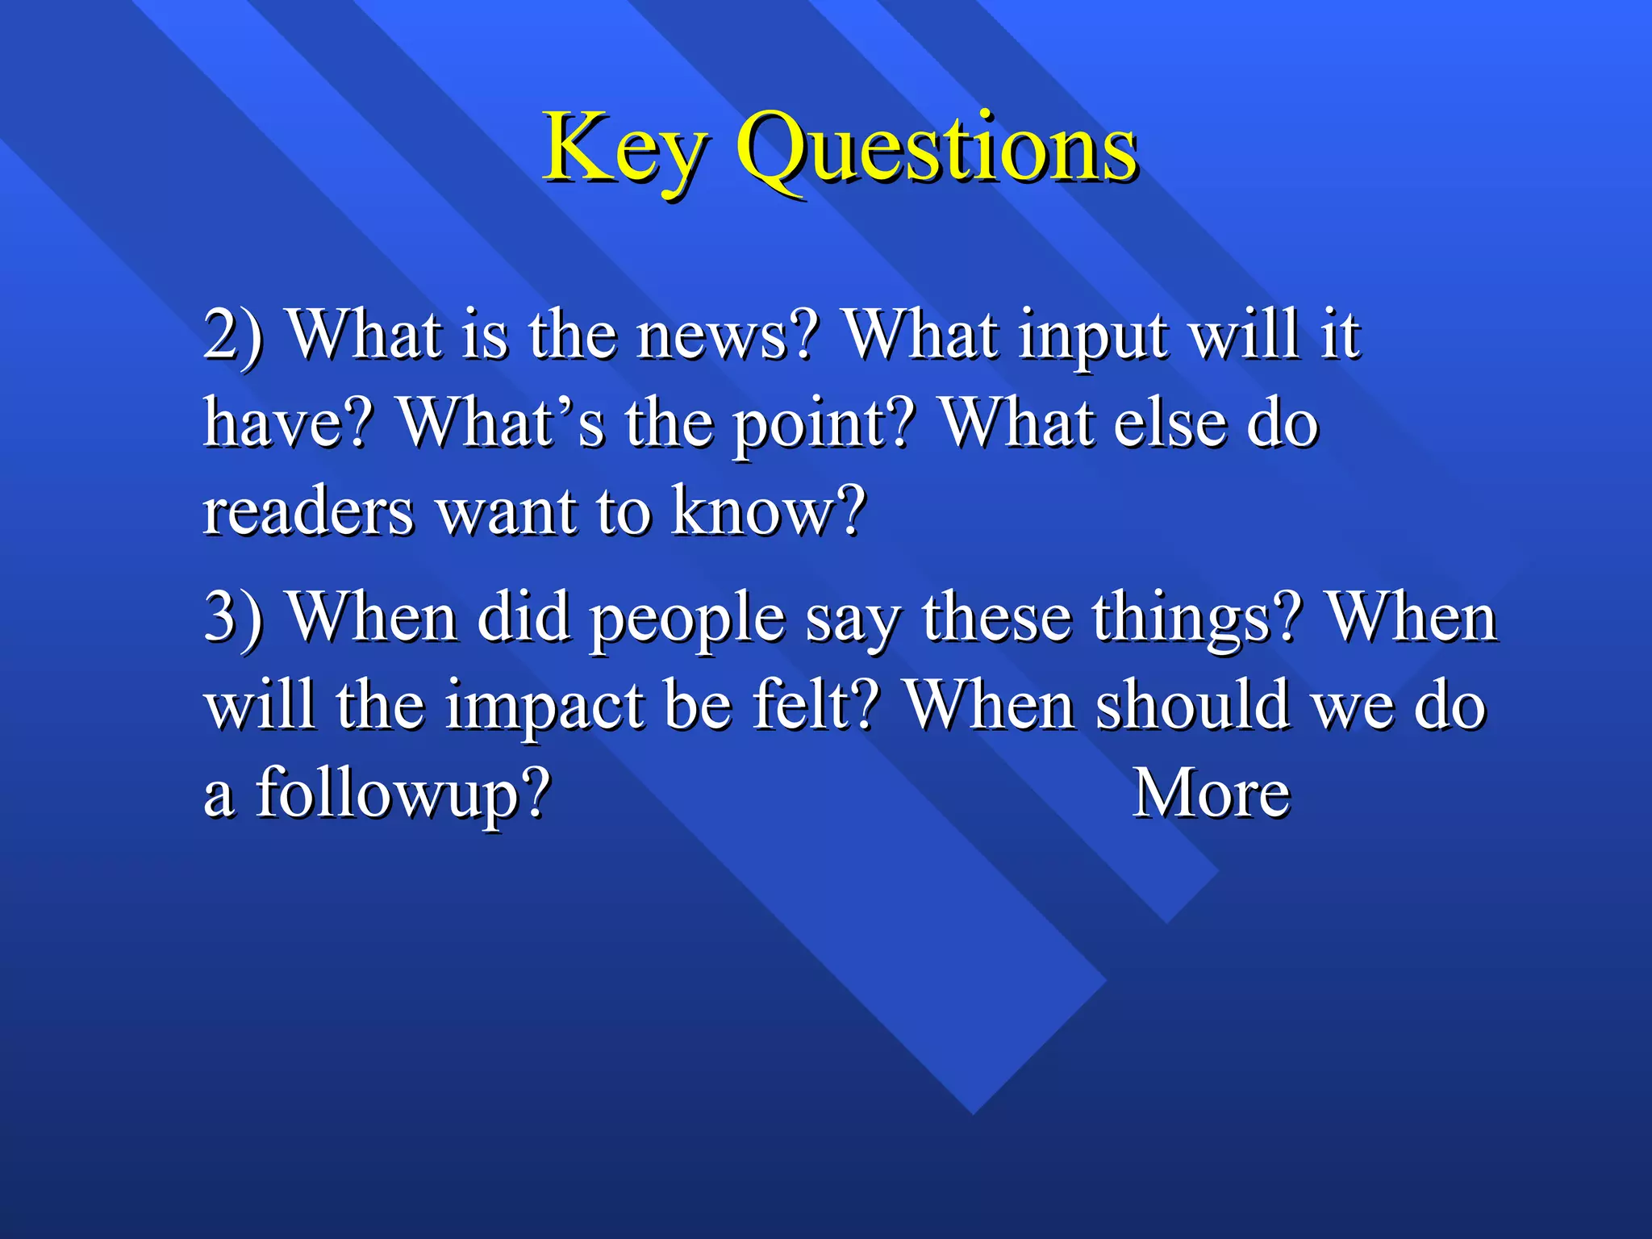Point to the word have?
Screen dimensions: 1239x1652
[x=289, y=423]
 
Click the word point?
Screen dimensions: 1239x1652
[x=824, y=423]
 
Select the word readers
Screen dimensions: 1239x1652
[x=307, y=511]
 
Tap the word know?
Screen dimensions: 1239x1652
[x=769, y=511]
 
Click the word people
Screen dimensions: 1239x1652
[x=687, y=617]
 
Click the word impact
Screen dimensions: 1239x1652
[x=544, y=706]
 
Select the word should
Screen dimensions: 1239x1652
[x=1194, y=706]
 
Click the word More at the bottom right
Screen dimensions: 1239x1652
[x=1212, y=794]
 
